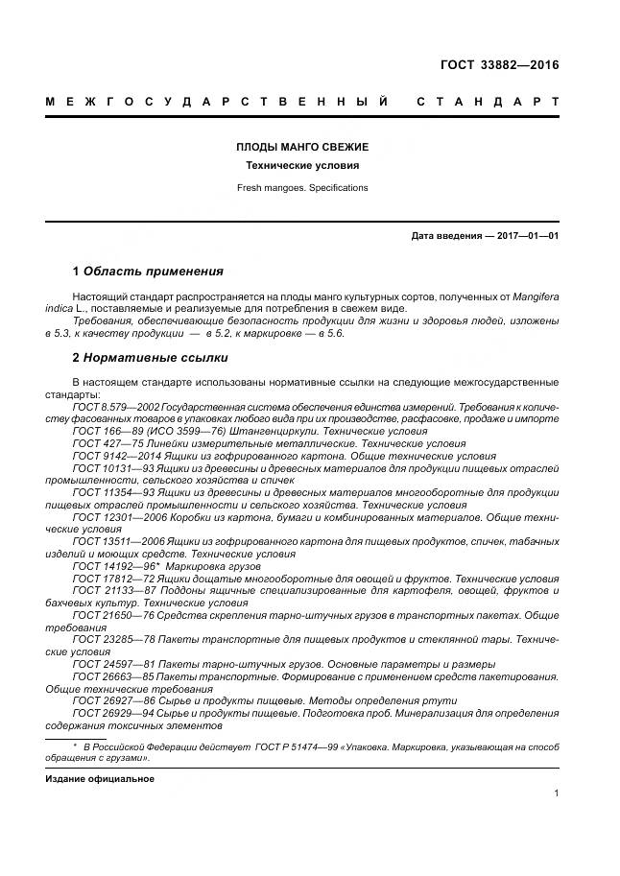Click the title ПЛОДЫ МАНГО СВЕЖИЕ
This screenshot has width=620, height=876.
(x=302, y=147)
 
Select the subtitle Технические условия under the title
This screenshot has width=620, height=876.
(x=302, y=166)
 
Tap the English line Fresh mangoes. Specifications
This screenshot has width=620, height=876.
(x=302, y=188)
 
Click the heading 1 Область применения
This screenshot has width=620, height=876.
(x=148, y=272)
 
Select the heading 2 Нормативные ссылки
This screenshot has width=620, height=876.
(x=150, y=358)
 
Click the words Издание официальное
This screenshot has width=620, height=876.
(x=100, y=778)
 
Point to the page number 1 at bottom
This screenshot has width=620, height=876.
(x=557, y=793)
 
